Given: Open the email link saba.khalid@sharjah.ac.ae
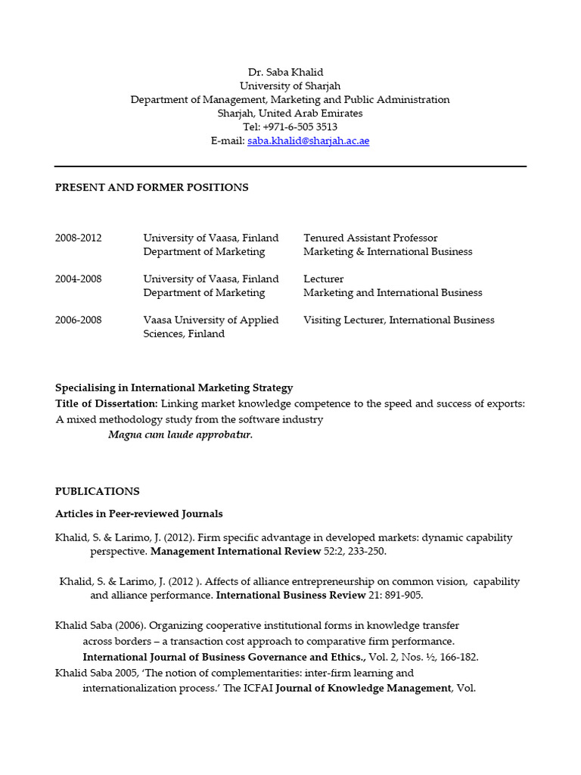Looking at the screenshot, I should click(x=308, y=141).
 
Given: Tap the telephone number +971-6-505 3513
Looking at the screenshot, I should click(x=300, y=127).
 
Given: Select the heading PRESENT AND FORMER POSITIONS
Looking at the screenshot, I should click(x=151, y=187).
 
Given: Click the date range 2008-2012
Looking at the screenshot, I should click(x=78, y=238).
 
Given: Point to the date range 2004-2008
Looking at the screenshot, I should click(x=78, y=279).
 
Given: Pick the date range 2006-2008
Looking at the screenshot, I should click(x=78, y=320).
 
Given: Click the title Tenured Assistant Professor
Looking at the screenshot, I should click(x=370, y=238).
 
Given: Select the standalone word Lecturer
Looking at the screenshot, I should click(x=323, y=279).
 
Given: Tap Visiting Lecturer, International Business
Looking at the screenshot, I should click(x=399, y=320).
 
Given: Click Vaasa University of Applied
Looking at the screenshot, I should click(x=210, y=320).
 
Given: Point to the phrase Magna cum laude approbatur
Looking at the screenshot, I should click(x=180, y=434).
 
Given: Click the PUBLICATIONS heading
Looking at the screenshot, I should click(x=97, y=491).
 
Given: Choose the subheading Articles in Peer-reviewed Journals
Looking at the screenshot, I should click(x=138, y=514).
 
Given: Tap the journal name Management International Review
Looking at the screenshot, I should click(x=235, y=552).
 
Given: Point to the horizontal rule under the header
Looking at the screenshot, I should click(x=290, y=166).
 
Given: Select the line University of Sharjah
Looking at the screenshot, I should click(x=290, y=86).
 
